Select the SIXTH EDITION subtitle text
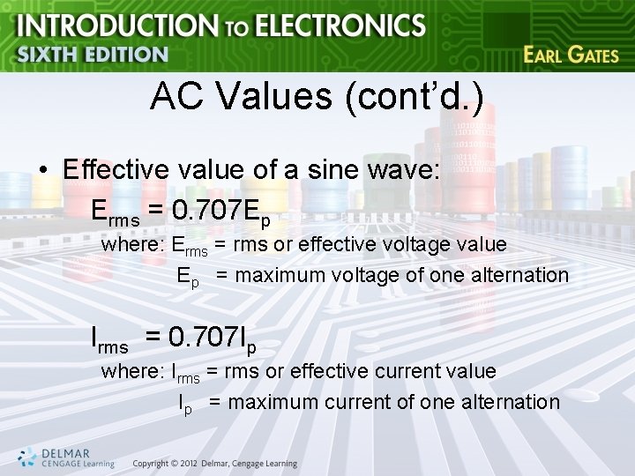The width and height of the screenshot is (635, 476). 92,55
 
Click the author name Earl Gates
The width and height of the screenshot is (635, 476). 571,55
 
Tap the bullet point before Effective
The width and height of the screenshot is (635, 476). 42,171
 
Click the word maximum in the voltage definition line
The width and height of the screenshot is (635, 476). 281,275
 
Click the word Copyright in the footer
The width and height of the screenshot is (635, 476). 150,465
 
